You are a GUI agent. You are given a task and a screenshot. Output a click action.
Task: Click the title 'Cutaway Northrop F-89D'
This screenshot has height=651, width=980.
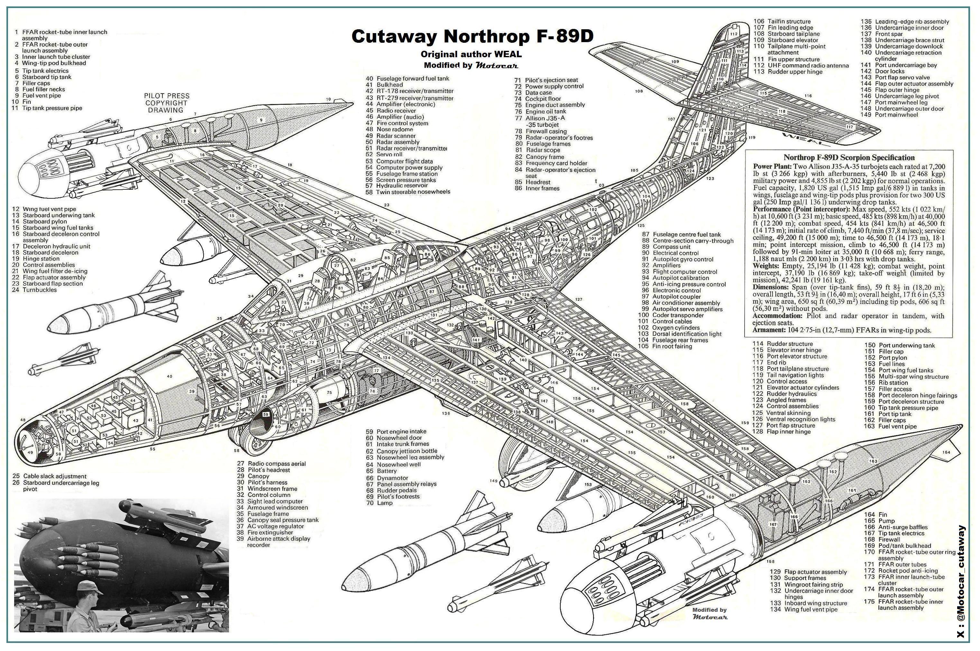point(472,37)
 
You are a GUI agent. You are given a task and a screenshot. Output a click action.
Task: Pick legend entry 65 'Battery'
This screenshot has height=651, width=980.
point(386,471)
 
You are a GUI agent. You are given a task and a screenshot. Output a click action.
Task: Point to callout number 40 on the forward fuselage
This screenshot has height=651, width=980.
point(169,376)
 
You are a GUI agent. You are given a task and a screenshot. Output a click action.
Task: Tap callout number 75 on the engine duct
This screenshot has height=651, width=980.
point(329,392)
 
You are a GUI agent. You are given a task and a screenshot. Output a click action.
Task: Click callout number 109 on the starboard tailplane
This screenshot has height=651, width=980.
point(675,61)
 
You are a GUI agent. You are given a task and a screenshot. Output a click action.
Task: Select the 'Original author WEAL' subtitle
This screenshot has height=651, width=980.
point(471,54)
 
